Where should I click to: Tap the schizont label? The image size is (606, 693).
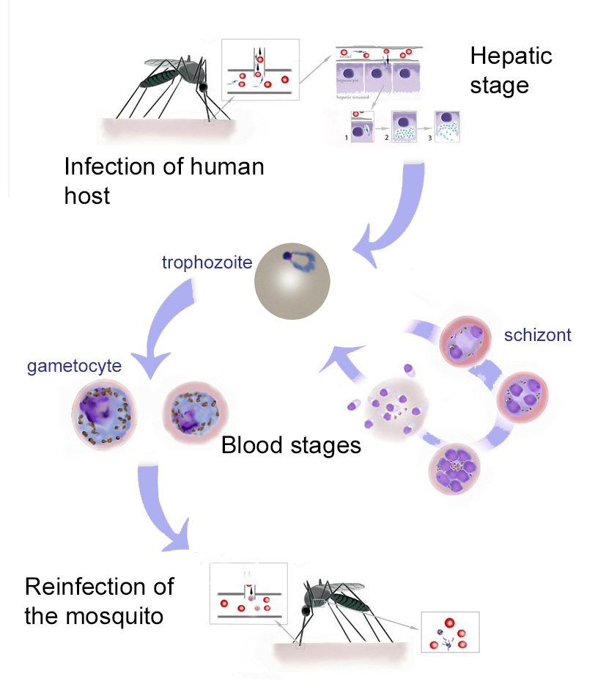(537, 335)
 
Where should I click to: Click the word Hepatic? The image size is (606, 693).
(511, 56)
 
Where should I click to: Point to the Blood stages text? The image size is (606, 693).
(291, 445)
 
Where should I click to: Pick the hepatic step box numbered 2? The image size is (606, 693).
(404, 126)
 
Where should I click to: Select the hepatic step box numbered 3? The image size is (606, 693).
(448, 125)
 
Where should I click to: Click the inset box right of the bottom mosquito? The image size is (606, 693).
(450, 631)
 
